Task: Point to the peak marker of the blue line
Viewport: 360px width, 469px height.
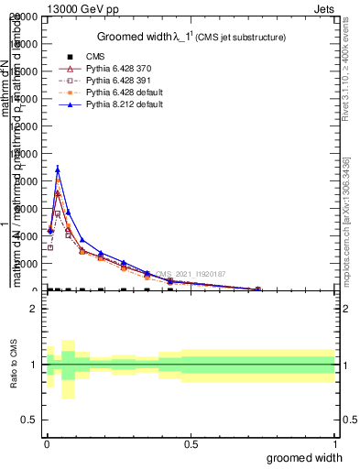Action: pyautogui.click(x=58, y=169)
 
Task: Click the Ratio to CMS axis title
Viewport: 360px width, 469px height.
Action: pyautogui.click(x=14, y=365)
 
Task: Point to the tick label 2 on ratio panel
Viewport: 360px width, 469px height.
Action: pyautogui.click(x=32, y=309)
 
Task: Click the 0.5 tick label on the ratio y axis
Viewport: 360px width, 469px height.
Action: pyautogui.click(x=29, y=420)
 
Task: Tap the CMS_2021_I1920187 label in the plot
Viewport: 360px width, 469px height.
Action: pyautogui.click(x=191, y=273)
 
